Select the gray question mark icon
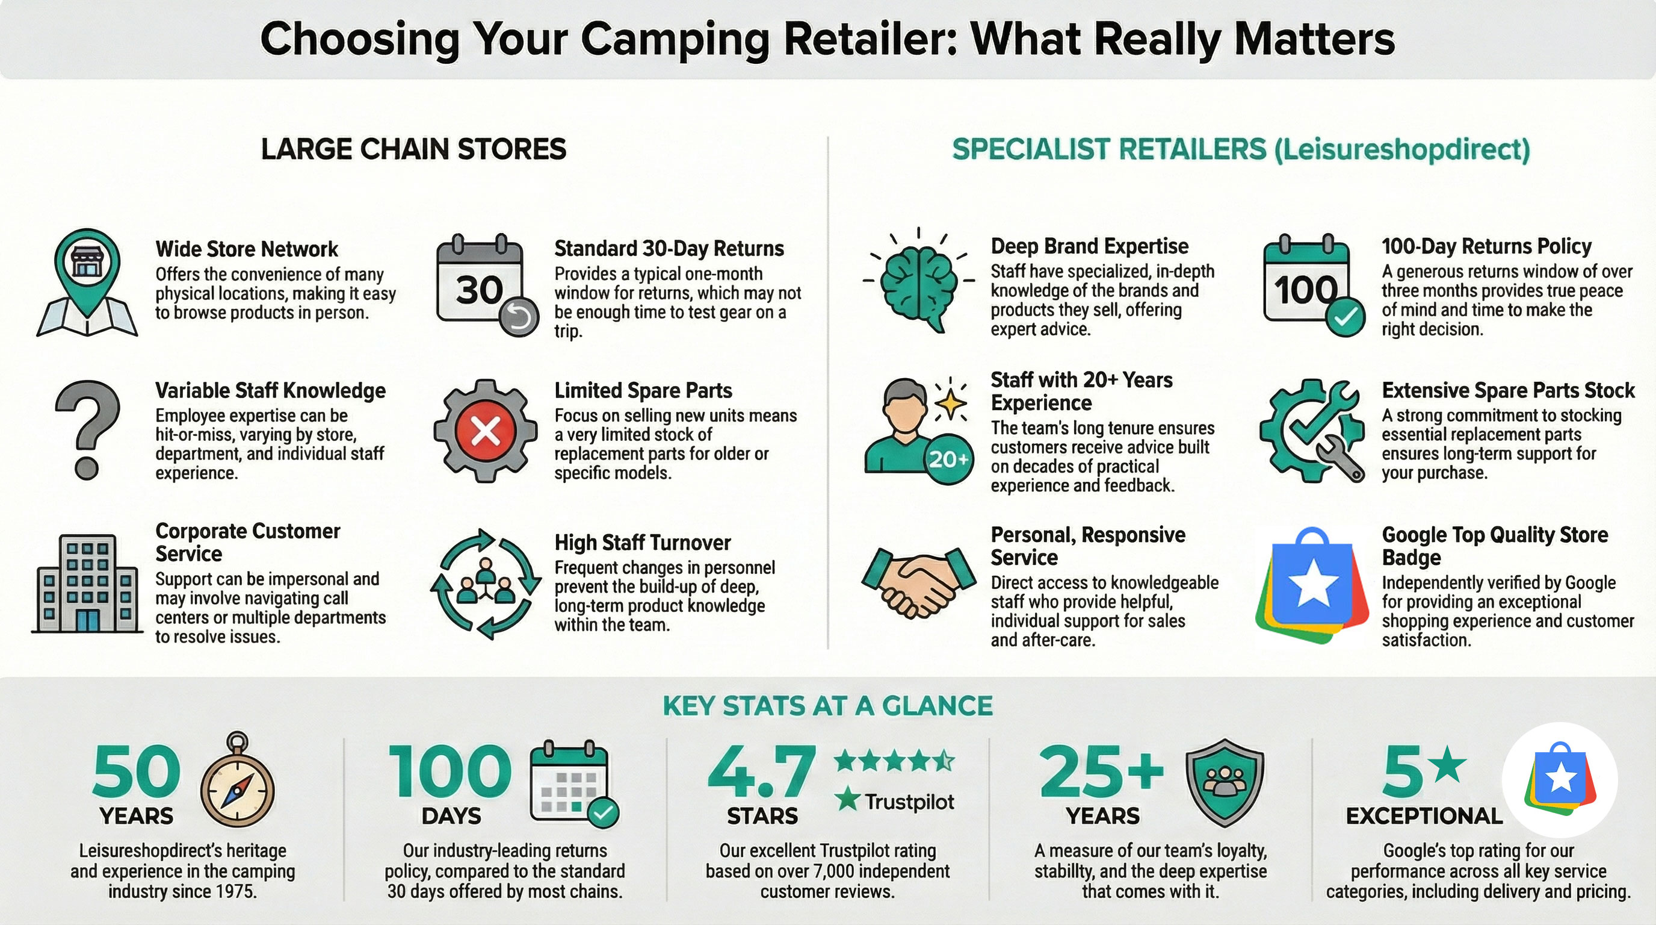(x=87, y=428)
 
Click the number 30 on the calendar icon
(x=479, y=290)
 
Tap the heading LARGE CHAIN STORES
(x=413, y=149)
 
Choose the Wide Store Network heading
(x=246, y=249)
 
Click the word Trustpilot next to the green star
(x=909, y=802)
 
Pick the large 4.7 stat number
(x=762, y=772)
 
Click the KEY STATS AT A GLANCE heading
(x=827, y=706)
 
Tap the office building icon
(x=87, y=584)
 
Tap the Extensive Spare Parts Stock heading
(x=1508, y=390)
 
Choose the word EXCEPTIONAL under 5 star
(x=1424, y=815)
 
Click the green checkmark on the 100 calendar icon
(x=1346, y=317)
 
